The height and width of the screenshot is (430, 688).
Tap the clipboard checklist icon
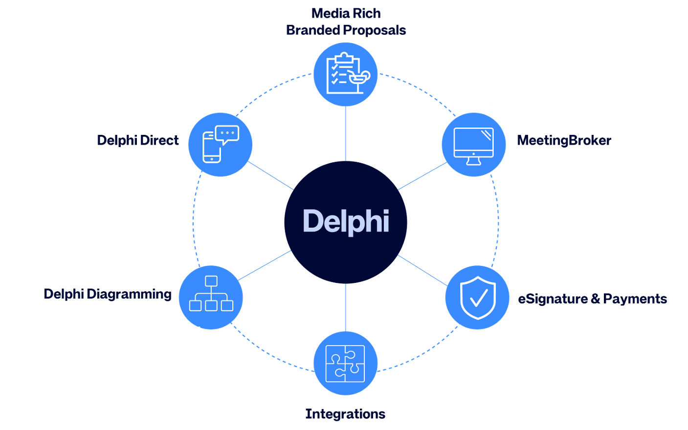coord(345,74)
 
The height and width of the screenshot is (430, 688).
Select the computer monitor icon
coord(473,145)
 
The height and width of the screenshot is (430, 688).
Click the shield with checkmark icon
coord(477,297)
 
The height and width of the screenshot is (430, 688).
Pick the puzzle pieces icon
coord(345,363)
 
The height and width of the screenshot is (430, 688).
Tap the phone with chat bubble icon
coord(221,144)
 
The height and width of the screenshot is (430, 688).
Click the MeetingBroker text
coord(564,141)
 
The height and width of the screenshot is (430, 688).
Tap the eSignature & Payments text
coord(592,299)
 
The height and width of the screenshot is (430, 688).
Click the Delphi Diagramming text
coord(108,294)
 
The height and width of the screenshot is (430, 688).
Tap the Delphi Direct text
coord(138,141)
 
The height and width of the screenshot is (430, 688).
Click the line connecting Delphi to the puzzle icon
coord(345,307)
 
